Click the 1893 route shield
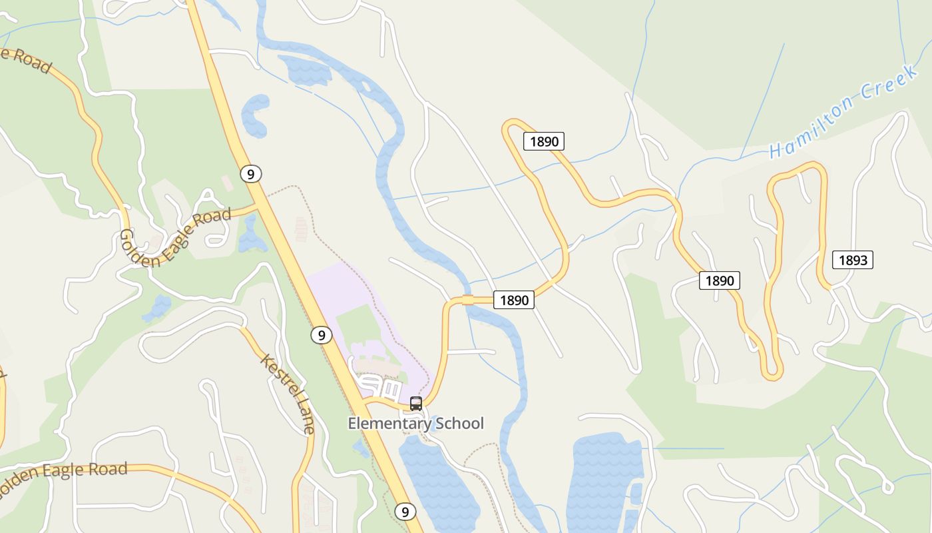point(852,260)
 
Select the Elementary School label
point(415,423)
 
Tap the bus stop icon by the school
point(416,403)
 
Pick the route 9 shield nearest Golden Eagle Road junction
point(250,174)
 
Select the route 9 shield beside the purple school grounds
point(321,335)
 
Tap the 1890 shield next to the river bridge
point(514,300)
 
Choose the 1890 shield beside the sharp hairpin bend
point(544,141)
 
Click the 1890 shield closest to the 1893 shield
point(719,280)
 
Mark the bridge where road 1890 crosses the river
point(468,300)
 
